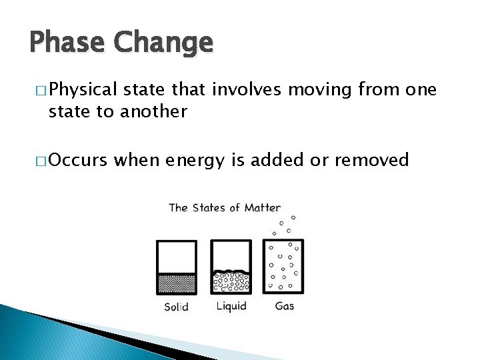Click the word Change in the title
[163, 43]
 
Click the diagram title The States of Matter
[225, 207]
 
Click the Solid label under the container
[177, 307]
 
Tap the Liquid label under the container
[231, 306]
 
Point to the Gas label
[284, 306]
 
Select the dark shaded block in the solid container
[177, 283]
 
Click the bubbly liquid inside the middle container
[231, 282]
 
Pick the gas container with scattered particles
[283, 266]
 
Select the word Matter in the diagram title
[262, 207]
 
